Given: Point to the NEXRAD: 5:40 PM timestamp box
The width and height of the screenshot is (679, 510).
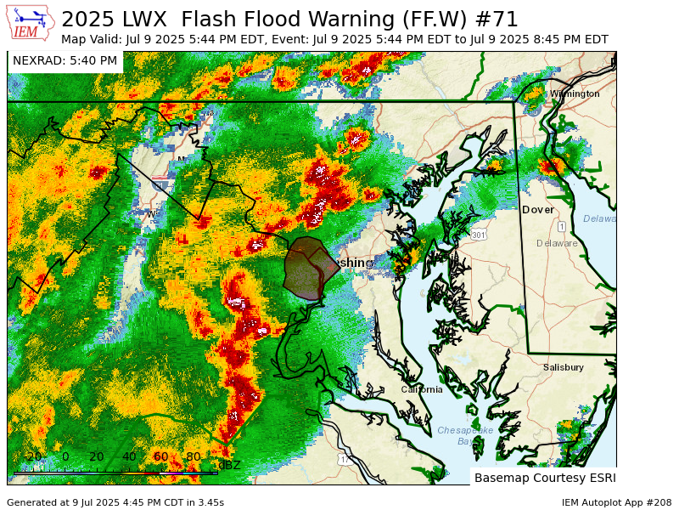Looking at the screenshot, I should (x=65, y=61).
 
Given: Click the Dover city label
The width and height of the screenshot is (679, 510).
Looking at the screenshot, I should (x=537, y=209).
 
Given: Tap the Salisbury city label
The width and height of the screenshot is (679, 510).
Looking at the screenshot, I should (x=563, y=367).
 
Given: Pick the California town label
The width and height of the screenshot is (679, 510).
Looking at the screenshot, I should (x=422, y=389).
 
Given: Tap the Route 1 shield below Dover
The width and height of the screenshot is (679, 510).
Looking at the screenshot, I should (x=562, y=226).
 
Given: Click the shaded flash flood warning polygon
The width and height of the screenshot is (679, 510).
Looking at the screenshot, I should (x=306, y=268).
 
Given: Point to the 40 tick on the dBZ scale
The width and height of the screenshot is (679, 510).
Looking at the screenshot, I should (x=129, y=456).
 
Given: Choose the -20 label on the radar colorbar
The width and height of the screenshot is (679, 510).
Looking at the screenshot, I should (x=32, y=456).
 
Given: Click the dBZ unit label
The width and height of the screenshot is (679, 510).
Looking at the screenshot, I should (x=228, y=465).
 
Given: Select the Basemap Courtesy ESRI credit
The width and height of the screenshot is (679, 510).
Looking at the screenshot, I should (x=545, y=477).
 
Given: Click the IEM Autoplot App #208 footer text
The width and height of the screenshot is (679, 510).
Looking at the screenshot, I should (x=616, y=502).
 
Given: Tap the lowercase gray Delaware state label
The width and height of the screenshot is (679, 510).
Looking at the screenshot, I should (x=557, y=243).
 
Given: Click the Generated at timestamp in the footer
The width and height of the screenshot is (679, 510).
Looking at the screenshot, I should (x=115, y=502).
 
